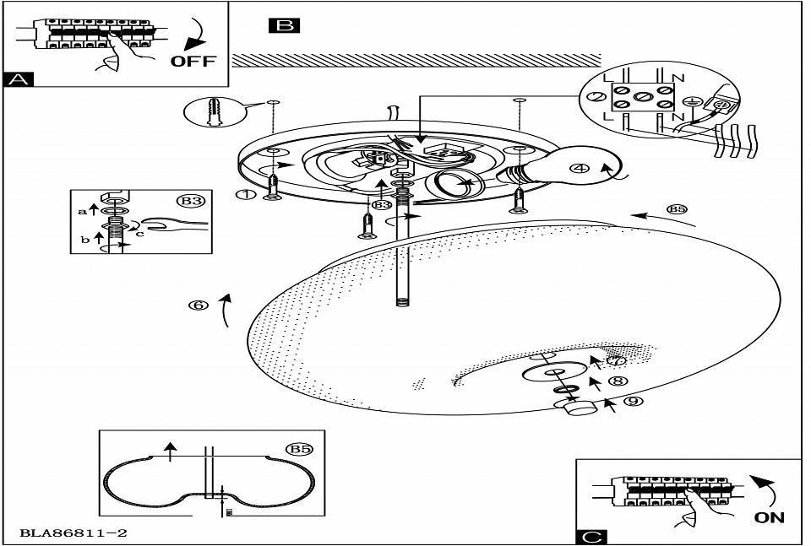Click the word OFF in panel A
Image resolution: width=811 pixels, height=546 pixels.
(193, 61)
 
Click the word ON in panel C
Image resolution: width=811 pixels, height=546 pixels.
(769, 516)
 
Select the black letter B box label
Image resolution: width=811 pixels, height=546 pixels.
(284, 25)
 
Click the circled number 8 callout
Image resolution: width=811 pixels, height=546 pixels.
(619, 381)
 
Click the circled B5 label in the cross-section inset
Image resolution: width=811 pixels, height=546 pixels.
(299, 449)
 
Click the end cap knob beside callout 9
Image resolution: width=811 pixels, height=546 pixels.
(577, 408)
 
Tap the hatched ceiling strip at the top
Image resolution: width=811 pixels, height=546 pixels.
(414, 60)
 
